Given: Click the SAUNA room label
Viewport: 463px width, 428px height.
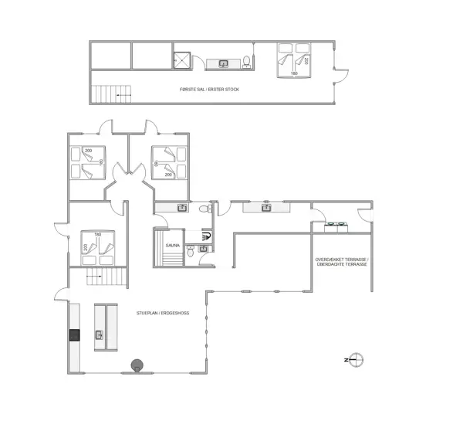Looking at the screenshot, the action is tap(172, 246).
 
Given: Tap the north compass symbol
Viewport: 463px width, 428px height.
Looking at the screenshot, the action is tap(355, 360).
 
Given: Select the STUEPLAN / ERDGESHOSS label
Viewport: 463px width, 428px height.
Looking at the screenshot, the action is tap(163, 313).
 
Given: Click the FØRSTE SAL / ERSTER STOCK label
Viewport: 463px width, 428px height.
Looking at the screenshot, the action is tap(209, 90).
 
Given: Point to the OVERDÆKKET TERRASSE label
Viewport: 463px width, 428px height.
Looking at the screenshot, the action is tap(342, 260).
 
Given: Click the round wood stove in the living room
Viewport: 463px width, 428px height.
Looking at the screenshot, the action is tap(137, 365).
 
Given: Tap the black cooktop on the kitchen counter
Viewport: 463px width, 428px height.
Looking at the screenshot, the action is tap(74, 335).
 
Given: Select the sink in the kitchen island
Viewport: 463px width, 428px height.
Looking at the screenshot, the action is tap(100, 335).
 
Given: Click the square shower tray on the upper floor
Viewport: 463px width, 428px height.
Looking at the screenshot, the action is tap(182, 60).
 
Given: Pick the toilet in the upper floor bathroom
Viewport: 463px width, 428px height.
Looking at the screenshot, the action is tap(247, 62).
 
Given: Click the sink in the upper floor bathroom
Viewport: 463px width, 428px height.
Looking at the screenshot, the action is tap(223, 63).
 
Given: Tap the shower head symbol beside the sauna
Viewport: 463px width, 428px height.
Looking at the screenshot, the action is tap(206, 236).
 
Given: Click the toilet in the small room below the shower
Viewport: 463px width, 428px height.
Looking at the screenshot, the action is tap(191, 252).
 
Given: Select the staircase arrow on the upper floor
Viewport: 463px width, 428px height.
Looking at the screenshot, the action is tap(123, 95).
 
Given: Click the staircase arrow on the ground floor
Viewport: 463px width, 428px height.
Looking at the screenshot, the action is tap(94, 277).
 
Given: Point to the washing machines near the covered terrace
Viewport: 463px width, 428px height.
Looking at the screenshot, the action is tap(336, 227).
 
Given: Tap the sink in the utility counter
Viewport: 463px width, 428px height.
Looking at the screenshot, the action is tap(266, 208).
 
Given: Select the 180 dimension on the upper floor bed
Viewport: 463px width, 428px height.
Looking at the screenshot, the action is tap(294, 73).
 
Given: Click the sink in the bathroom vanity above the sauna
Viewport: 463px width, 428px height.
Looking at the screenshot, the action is tap(182, 208).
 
